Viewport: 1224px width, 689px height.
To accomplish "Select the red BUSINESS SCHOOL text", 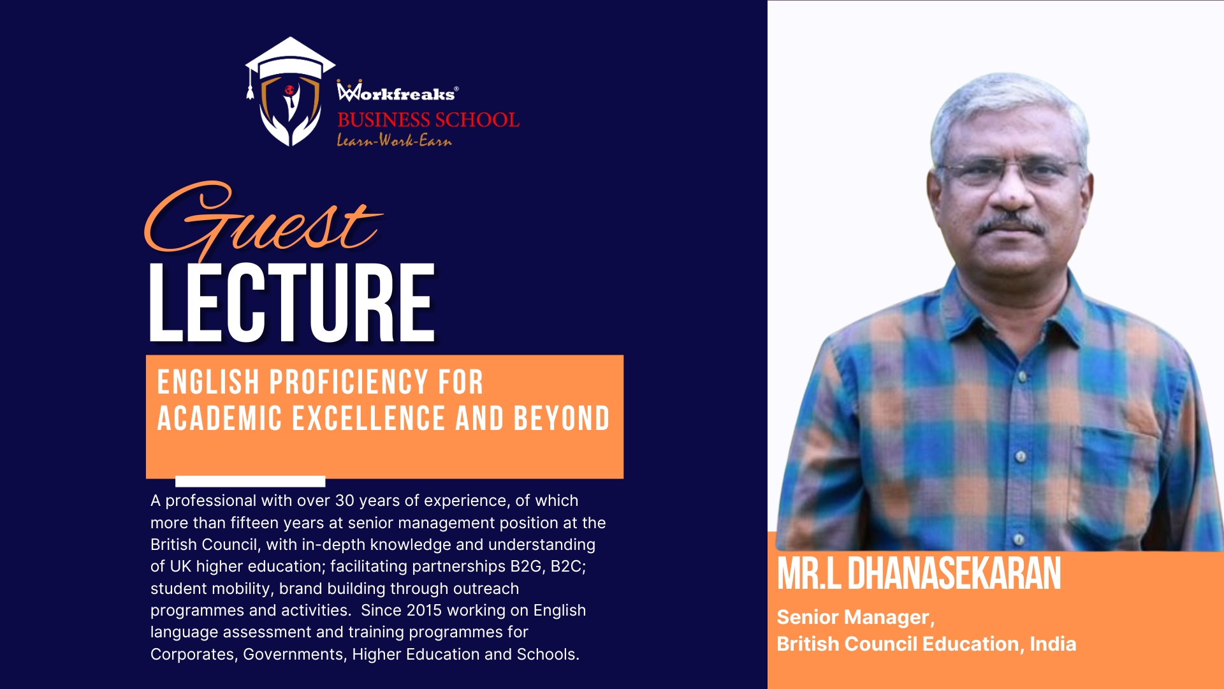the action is coord(428,119).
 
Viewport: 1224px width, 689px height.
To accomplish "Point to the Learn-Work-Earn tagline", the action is coord(394,140).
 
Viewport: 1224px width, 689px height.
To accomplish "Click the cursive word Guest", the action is coord(263,220).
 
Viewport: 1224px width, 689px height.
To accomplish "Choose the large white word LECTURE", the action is coord(292,302).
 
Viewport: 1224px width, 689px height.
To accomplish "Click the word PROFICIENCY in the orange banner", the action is coord(348,382).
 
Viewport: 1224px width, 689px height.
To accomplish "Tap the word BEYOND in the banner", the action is coord(562,419).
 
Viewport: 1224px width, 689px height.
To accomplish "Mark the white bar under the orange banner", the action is coord(250,481).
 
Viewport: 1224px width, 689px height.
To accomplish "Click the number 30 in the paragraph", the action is coord(345,501).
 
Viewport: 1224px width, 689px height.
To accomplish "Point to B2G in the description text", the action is coord(525,567).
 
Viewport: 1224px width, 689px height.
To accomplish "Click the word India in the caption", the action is coord(1053,644).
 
